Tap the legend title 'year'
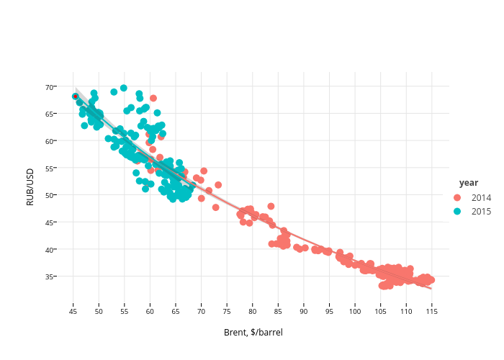pos(469,183)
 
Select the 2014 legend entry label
pos(482,197)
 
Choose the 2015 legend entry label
pos(482,211)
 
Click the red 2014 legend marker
pos(456,197)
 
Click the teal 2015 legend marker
pos(456,211)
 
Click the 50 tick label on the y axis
pos(50,195)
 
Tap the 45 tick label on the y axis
pos(50,222)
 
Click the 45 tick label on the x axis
pos(73,312)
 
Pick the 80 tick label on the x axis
pos(252,312)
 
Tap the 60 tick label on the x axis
pos(150,312)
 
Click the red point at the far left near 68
pos(75,96)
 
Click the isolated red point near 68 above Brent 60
pos(153,98)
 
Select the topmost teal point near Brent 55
pos(124,88)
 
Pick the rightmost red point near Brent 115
pos(431,279)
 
